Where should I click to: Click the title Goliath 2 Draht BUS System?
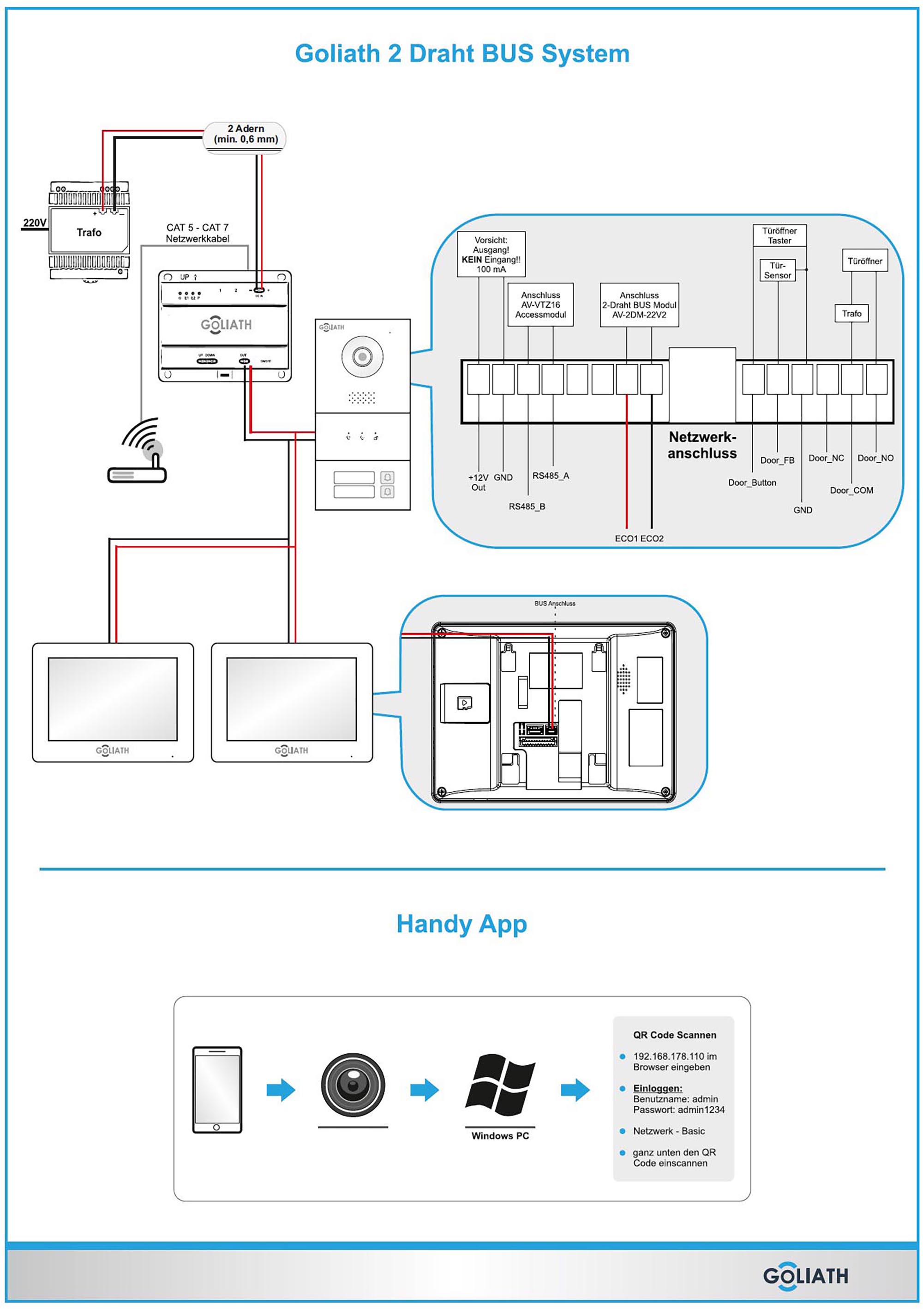(461, 54)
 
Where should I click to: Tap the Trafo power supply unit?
(89, 231)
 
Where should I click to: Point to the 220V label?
(34, 223)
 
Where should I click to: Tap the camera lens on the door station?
(362, 357)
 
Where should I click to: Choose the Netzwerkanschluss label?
(702, 445)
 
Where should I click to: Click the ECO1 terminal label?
(627, 538)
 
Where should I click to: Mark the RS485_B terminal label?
(527, 506)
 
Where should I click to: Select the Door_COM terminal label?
(851, 490)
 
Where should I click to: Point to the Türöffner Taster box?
(779, 235)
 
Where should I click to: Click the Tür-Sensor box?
(777, 270)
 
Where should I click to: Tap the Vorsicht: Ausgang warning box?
(491, 254)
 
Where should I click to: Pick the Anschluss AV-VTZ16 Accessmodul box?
(540, 304)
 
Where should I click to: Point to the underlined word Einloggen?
(658, 1088)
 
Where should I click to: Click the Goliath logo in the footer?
(805, 1276)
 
